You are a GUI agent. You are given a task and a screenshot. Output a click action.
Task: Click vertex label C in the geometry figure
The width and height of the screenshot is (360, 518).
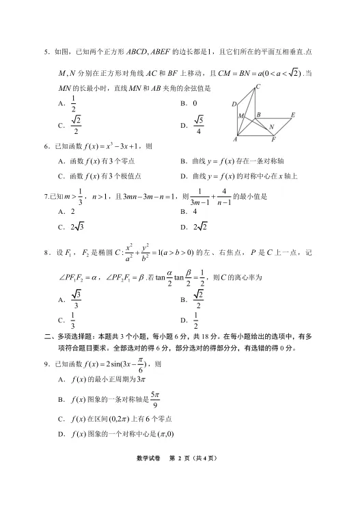coord(258,87)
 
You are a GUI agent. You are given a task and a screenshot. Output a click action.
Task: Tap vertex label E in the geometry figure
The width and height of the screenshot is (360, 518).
coord(292,115)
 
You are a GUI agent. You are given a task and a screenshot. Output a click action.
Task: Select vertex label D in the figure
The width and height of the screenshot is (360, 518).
coord(234,105)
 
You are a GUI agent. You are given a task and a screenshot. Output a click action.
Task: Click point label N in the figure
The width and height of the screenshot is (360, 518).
coord(271,126)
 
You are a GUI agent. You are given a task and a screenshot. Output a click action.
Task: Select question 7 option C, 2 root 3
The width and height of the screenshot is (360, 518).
coord(74,227)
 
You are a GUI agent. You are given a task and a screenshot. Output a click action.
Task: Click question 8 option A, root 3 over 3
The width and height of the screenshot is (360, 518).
coord(77,299)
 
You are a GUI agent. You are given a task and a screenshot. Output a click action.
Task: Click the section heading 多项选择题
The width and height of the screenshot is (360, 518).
coord(74,336)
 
